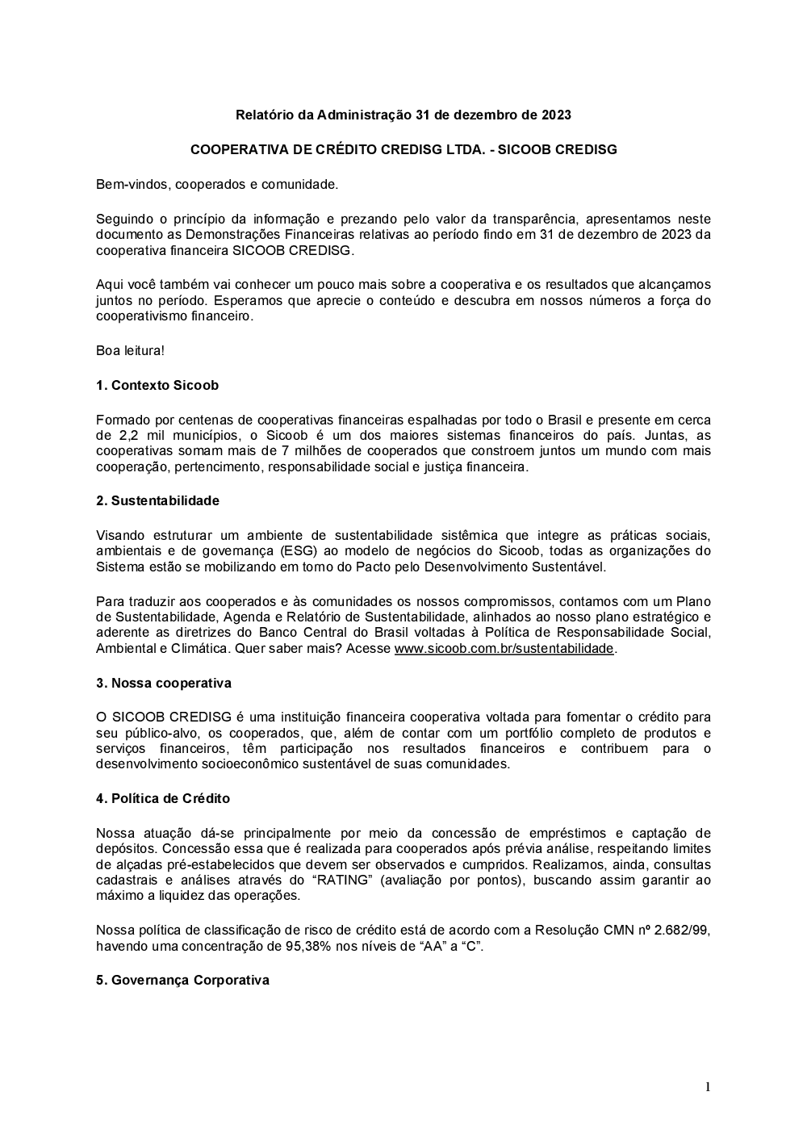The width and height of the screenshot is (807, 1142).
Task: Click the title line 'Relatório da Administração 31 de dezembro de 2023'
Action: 403,115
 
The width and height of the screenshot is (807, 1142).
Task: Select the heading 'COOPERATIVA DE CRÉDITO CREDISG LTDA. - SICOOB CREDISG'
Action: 403,150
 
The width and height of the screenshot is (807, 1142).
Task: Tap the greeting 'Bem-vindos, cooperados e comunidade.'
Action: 217,185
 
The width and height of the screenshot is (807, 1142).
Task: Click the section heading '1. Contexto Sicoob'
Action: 157,386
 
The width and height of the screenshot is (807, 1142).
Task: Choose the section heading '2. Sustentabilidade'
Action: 157,501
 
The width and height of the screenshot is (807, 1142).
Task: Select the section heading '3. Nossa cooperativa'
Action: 163,684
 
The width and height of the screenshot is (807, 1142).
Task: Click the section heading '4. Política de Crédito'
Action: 162,799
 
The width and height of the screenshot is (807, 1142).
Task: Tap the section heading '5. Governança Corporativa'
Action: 182,981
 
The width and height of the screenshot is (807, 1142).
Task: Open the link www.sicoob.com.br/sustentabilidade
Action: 504,649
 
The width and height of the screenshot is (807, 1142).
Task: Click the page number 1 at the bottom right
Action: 708,1087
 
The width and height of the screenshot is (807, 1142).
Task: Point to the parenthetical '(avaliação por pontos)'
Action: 453,881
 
